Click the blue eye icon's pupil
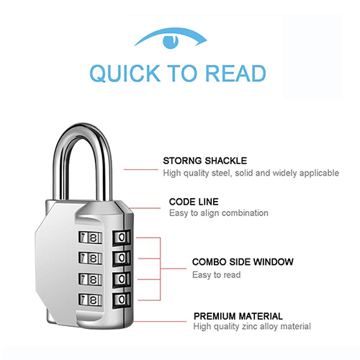pos(171,41)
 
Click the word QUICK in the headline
pos(125,73)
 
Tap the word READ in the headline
pos(236,73)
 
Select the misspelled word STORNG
pos(182,161)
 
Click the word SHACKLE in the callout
pos(226,161)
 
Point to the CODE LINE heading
pos(194,202)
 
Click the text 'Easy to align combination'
pos(219,213)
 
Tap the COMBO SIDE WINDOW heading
pos(243,262)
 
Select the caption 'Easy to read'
pos(216,275)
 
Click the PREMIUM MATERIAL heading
pos(238,316)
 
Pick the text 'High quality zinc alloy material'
pos(252,326)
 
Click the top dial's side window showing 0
pos(122,238)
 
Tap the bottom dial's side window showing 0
pos(122,300)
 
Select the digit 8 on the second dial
pos(93,258)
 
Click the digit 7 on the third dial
pos(83,279)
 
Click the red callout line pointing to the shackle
pos(141,170)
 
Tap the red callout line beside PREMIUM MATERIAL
pos(160,321)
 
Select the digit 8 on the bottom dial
pos(93,300)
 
